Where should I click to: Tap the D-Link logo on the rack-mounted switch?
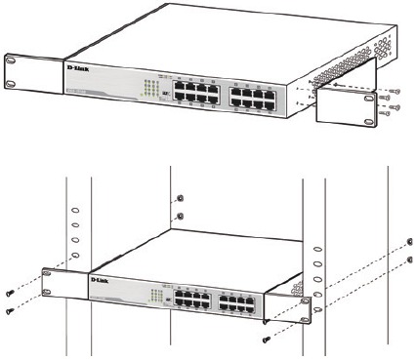pyautogui.click(x=107, y=279)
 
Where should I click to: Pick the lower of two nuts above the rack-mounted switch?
pyautogui.click(x=178, y=218)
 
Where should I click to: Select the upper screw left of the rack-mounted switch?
pyautogui.click(x=11, y=291)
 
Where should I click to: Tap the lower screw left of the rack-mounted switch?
pyautogui.click(x=11, y=310)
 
